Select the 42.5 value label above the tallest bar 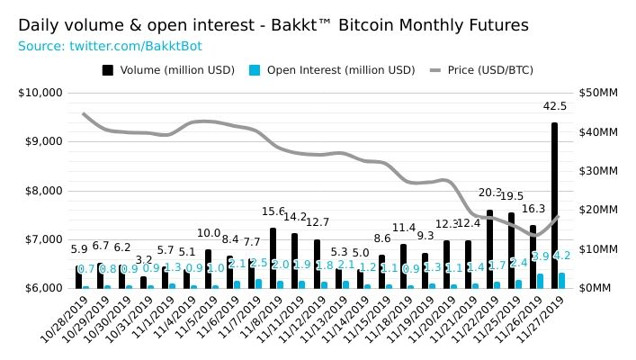point(554,106)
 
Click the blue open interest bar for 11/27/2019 point(562,280)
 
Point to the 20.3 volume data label point(489,193)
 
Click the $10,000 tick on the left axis point(40,93)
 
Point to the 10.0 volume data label point(209,233)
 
